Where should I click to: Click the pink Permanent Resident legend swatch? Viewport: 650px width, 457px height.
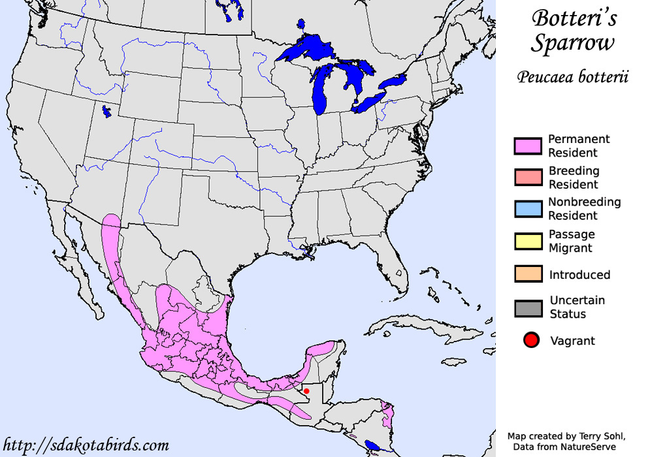tap(528, 146)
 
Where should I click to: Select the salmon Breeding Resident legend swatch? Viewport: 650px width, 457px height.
tap(528, 177)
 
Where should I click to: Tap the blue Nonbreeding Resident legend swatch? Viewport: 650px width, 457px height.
tap(528, 209)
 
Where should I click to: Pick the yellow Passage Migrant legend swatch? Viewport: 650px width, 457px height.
tap(528, 241)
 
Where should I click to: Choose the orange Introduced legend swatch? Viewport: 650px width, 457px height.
tap(528, 274)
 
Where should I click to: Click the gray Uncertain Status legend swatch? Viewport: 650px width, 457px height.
tap(528, 307)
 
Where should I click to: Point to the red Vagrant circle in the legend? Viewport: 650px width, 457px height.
tap(531, 340)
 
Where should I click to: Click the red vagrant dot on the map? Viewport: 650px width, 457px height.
tap(306, 390)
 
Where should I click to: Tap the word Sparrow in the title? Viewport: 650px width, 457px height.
tap(572, 44)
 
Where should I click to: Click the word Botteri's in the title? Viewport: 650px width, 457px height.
tap(574, 18)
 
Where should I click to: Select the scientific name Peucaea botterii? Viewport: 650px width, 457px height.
tap(573, 78)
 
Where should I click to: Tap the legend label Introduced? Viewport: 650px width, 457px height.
tap(579, 275)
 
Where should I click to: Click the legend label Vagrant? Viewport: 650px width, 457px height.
tap(572, 341)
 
